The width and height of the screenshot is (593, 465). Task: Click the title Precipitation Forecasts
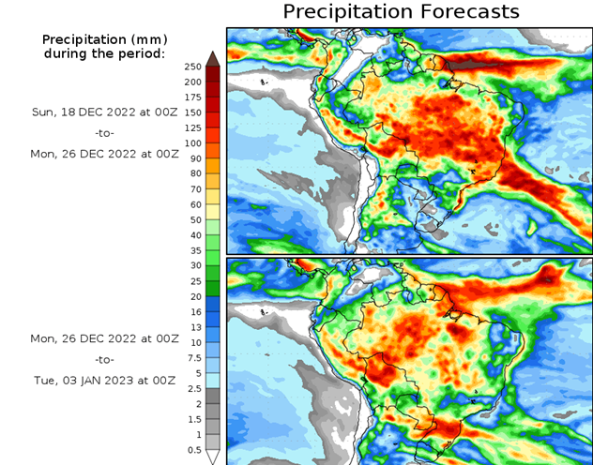(x=401, y=12)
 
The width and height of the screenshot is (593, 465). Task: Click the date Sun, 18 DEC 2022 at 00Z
(x=104, y=111)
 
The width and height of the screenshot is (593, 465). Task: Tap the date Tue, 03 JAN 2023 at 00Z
(x=104, y=381)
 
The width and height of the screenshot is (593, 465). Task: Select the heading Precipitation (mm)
(x=104, y=39)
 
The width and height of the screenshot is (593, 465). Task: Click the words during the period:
(x=104, y=53)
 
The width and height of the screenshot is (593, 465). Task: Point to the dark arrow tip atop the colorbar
(x=213, y=58)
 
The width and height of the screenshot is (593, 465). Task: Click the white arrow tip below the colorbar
(x=213, y=457)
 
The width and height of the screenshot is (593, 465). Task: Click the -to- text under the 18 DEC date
(x=104, y=133)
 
